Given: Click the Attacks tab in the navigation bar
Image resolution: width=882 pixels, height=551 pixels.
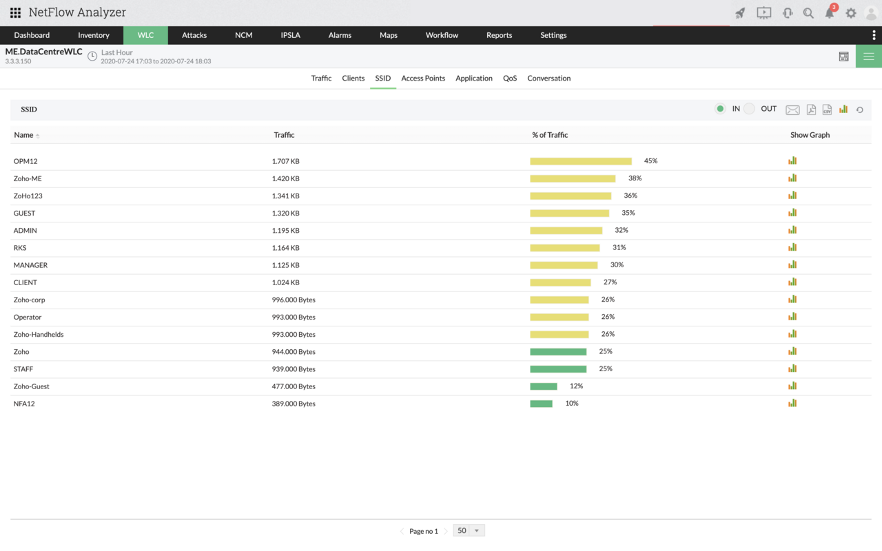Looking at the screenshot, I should coord(194,35).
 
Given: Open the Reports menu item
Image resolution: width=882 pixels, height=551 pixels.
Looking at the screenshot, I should coord(499,35).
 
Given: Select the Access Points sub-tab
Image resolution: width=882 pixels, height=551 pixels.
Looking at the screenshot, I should coord(423,79).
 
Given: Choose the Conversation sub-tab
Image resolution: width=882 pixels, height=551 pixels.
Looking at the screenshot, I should coord(548,79).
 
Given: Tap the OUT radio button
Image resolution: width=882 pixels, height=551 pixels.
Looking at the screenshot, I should coord(750,109).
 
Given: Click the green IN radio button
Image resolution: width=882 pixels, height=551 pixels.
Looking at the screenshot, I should coord(720,109).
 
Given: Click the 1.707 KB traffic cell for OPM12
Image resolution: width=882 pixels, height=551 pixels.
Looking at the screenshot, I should coord(285,161).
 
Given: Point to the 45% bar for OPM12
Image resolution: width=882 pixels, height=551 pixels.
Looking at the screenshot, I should coord(581,161).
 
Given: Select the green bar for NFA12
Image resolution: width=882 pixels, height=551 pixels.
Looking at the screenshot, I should coord(541,404).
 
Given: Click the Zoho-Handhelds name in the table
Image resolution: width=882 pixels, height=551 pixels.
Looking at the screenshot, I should coord(39,335).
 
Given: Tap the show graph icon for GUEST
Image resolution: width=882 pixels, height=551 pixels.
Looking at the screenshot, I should coord(792,213).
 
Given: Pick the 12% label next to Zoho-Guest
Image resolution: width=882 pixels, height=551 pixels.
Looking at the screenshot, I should coord(576,386).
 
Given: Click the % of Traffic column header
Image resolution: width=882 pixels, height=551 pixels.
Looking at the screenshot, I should coord(550,135).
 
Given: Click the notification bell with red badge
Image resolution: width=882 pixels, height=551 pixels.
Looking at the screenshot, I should coord(830,13).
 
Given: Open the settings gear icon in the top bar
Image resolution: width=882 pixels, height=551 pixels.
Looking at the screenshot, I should coord(851,13).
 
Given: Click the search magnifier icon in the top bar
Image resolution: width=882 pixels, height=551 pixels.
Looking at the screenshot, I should coord(808,13).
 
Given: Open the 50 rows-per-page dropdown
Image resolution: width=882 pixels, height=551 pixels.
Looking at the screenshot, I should coord(469,530).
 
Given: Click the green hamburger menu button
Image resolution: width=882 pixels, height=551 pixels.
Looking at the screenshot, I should coord(868,56).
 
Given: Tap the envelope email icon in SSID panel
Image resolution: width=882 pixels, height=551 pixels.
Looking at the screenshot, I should coord(792,110).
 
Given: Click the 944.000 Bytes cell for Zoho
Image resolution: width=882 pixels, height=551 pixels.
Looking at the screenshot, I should coord(294,352).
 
